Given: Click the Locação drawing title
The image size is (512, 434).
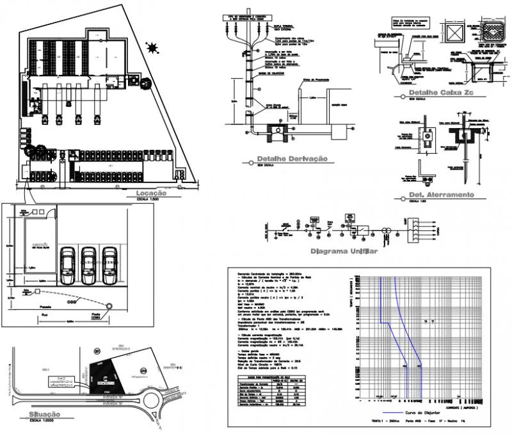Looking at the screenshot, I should (147, 193).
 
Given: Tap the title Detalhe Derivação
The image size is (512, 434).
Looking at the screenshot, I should (291, 159).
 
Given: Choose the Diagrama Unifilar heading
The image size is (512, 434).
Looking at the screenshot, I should (343, 252).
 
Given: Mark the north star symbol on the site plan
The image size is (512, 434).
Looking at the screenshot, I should (152, 47).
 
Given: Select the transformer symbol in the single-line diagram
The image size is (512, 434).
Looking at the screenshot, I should (387, 229).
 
